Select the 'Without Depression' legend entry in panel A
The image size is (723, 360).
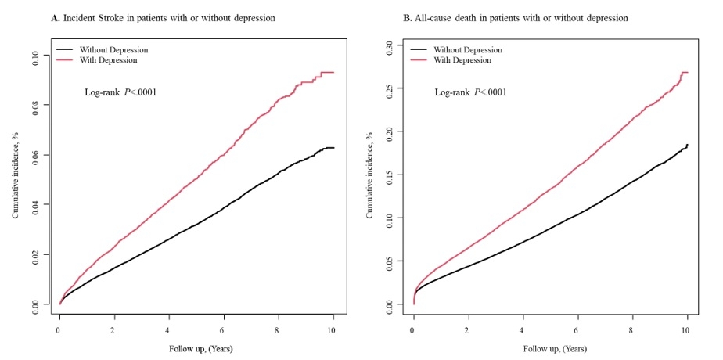point(113,50)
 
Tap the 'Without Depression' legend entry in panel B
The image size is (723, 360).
point(466,50)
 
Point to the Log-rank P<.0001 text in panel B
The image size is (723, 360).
point(470,92)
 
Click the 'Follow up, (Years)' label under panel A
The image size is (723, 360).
point(196,348)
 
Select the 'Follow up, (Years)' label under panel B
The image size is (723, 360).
point(550,348)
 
